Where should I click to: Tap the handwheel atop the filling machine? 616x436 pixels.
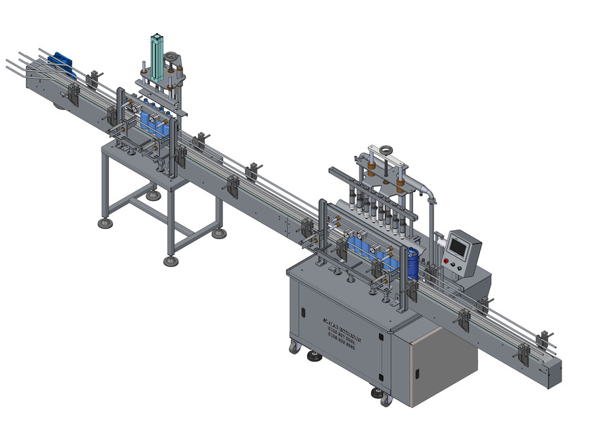tap(387, 148)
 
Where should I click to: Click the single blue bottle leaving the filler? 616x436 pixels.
tap(412, 264)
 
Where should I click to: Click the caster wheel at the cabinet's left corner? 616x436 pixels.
tap(294, 347)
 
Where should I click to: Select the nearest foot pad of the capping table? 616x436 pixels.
tap(171, 260)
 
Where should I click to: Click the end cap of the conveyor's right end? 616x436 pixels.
tap(554, 375)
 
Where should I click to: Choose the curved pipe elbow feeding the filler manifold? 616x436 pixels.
tap(428, 193)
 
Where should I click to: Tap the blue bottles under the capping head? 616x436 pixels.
tap(155, 123)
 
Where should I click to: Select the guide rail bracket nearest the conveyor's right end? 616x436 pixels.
tap(544, 339)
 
